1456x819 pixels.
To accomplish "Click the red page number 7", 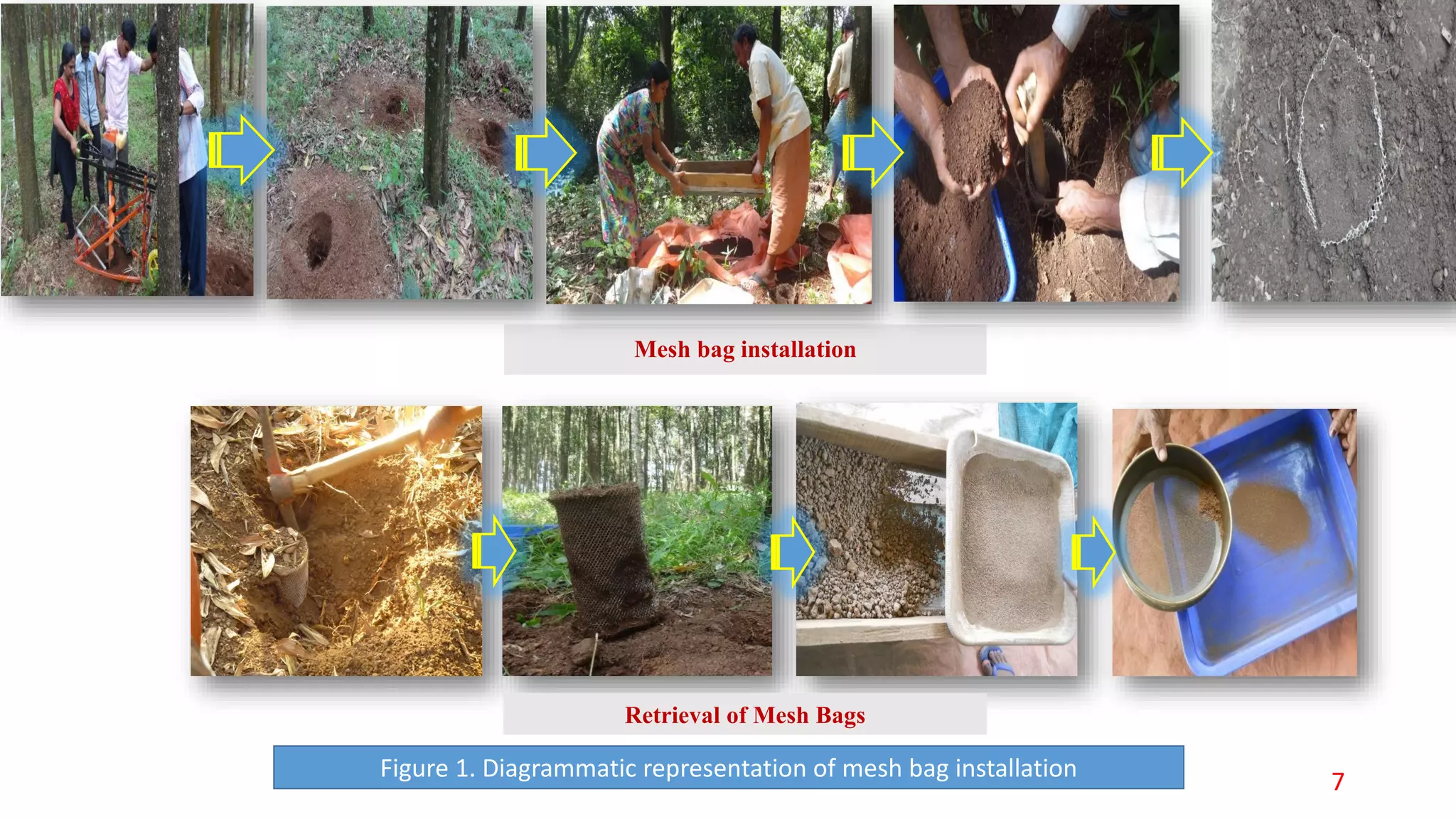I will pyautogui.click(x=1338, y=781).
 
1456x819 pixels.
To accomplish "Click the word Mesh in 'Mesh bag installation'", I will pyautogui.click(x=662, y=349).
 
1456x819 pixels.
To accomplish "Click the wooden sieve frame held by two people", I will pyautogui.click(x=719, y=178).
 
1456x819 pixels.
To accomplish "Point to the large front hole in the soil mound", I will pyautogui.click(x=318, y=240).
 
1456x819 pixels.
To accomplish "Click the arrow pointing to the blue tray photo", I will pyautogui.click(x=1093, y=552).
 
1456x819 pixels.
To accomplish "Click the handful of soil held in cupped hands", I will pyautogui.click(x=974, y=135).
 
